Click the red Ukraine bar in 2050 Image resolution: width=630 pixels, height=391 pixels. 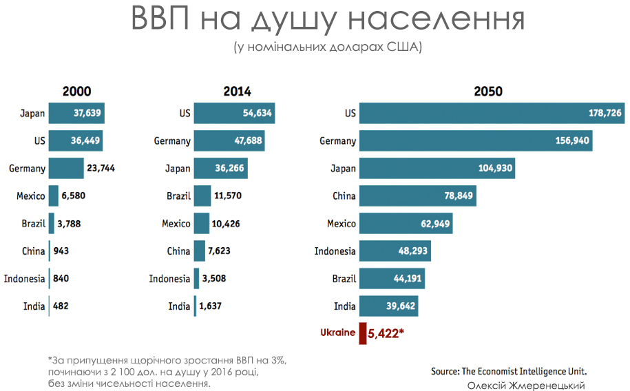tap(363, 334)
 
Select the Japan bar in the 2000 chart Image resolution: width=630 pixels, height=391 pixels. tap(76, 114)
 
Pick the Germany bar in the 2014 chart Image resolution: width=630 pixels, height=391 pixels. tap(229, 141)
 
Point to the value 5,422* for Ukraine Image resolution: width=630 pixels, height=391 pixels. tap(386, 335)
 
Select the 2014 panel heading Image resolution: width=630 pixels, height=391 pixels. tap(237, 91)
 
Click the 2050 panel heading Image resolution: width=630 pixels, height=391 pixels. tap(488, 91)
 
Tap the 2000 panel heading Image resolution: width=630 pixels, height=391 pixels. tap(76, 91)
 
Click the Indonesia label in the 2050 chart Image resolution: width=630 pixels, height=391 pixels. tap(335, 251)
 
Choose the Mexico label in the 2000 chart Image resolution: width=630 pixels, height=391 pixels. tap(31, 196)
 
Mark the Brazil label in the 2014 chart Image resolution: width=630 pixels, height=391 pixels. tap(178, 196)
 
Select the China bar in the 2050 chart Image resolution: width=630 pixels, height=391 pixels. tap(417, 196)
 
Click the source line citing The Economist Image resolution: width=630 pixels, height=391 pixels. tap(509, 371)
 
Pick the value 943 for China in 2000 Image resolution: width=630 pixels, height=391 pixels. tap(60, 251)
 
